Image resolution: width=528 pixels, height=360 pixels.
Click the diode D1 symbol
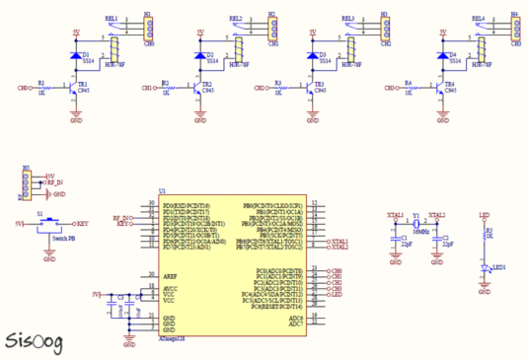coord(77,55)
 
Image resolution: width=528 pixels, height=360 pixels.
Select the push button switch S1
coord(49,225)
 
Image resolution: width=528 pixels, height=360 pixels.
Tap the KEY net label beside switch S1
coord(83,224)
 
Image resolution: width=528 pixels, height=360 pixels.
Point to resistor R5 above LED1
coord(484,234)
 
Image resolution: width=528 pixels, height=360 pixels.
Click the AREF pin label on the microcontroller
coord(170,276)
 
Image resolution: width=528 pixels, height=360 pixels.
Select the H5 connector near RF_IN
coord(27,183)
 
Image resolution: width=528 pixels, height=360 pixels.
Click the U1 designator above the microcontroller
coord(162,191)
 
